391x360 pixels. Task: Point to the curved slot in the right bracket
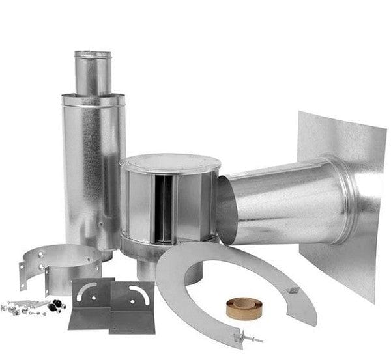click(139, 289)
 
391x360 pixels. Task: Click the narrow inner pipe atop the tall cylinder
click(93, 72)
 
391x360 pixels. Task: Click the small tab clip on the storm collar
click(294, 290)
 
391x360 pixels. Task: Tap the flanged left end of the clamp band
click(25, 274)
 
